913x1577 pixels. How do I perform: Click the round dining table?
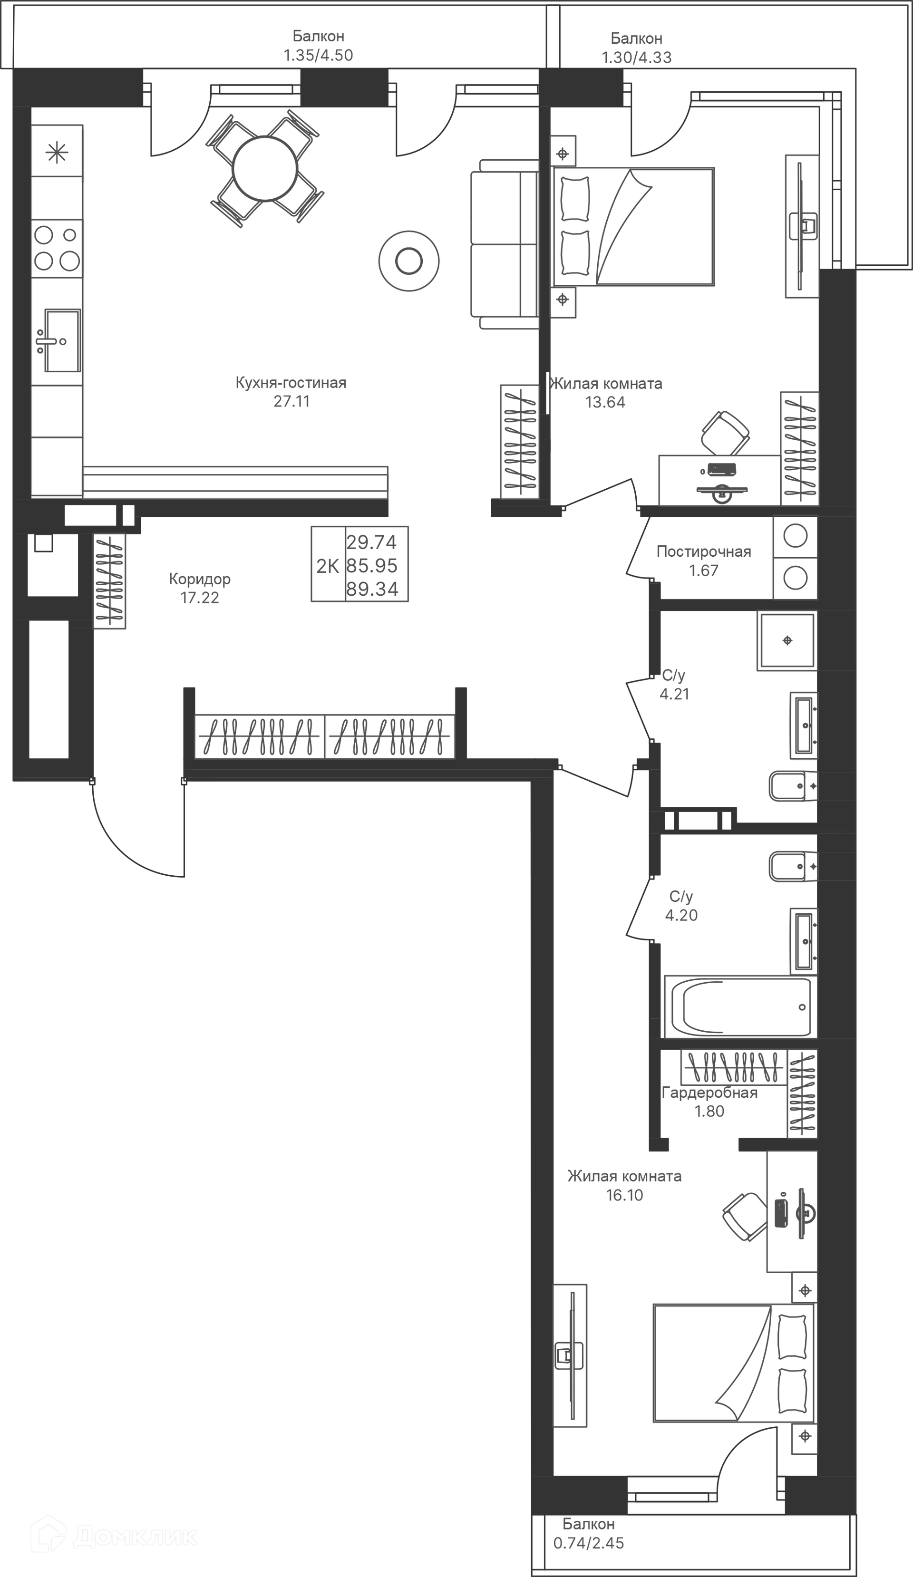point(266,168)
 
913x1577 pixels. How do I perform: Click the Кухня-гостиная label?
point(291,382)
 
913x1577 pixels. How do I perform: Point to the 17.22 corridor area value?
point(200,598)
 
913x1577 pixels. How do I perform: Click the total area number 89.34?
point(372,589)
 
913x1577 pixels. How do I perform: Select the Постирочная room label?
point(703,551)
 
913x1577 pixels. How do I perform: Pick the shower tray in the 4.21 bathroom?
point(787,640)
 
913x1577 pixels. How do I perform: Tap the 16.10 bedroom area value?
point(624,1195)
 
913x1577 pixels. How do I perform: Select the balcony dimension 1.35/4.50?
point(318,55)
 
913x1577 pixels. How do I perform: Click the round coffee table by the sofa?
point(408,261)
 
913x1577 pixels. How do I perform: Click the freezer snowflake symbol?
point(57,153)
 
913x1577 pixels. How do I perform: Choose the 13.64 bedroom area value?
point(605,402)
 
